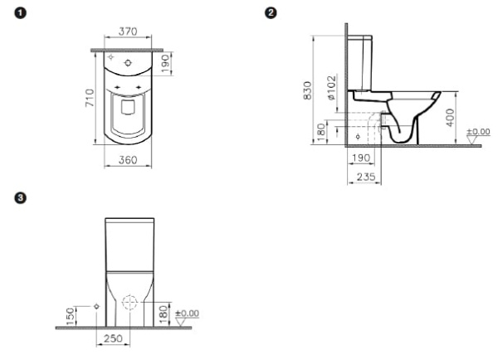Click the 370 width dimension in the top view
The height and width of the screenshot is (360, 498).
pyautogui.click(x=127, y=32)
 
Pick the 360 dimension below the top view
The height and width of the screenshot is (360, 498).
pyautogui.click(x=127, y=159)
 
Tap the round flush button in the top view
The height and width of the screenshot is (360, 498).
pyautogui.click(x=127, y=62)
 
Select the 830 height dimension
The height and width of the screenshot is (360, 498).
pyautogui.click(x=307, y=90)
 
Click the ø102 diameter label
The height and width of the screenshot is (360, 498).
pyautogui.click(x=330, y=88)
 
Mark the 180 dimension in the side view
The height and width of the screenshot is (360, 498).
pyautogui.click(x=320, y=133)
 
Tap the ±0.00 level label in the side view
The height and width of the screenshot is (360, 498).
pyautogui.click(x=478, y=132)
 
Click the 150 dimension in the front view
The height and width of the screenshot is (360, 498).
pyautogui.click(x=71, y=315)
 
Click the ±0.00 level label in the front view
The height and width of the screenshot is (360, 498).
pyautogui.click(x=188, y=313)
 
